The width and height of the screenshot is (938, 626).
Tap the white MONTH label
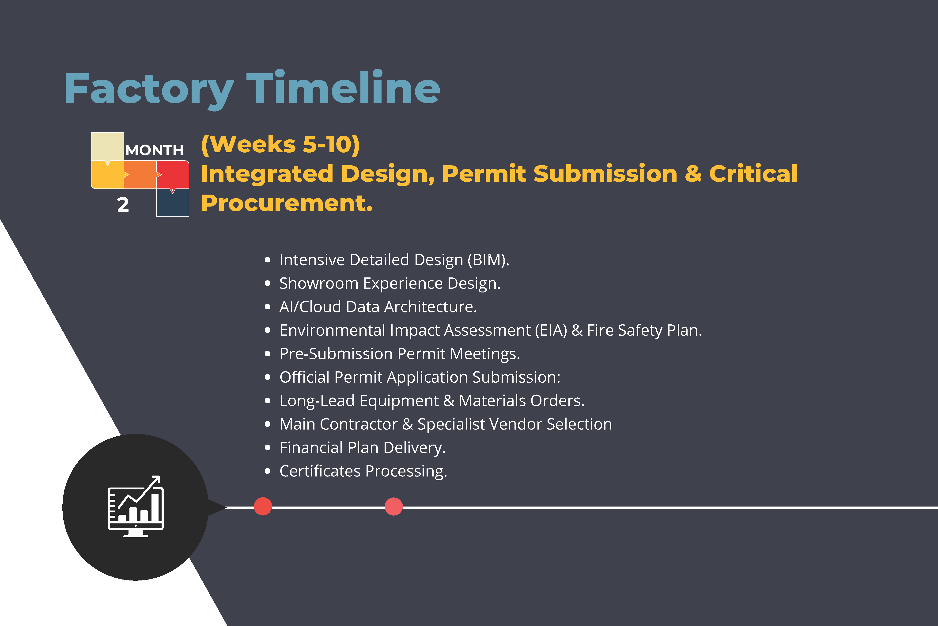click(x=154, y=150)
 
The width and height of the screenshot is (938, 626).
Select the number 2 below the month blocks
click(x=123, y=205)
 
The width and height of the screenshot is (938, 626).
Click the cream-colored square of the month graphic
click(x=107, y=146)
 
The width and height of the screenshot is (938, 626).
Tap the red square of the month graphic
click(x=172, y=174)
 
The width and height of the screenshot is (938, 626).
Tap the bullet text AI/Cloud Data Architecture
click(x=378, y=307)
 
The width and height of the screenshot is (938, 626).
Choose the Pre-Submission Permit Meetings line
click(x=400, y=354)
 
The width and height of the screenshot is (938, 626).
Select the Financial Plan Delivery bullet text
click(x=362, y=448)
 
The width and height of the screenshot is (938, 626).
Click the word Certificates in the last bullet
click(x=320, y=471)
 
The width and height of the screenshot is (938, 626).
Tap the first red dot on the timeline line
click(x=263, y=507)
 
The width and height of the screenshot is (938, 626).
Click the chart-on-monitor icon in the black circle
click(x=136, y=507)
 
